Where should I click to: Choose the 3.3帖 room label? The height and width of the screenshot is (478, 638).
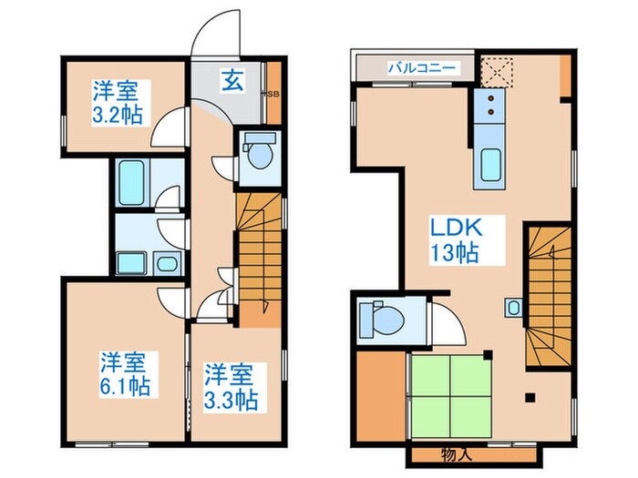pyautogui.click(x=230, y=387)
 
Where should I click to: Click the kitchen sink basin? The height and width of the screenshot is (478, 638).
pyautogui.click(x=490, y=165)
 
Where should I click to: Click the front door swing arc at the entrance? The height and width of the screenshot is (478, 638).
pyautogui.click(x=214, y=41)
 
